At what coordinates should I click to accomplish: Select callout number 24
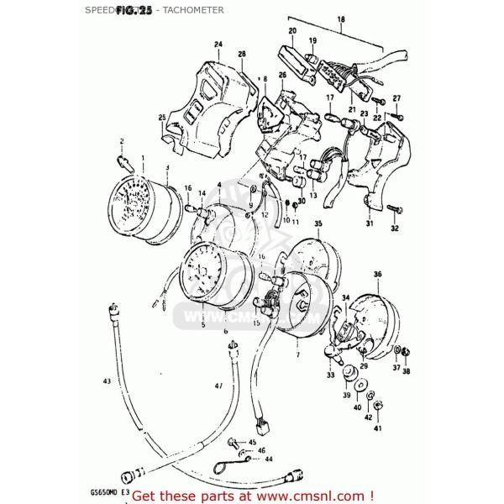(x=218, y=45)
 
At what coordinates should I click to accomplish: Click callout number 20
(x=292, y=32)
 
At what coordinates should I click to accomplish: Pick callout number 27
(x=396, y=98)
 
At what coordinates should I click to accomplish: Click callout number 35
(x=318, y=223)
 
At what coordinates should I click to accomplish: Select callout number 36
(x=377, y=275)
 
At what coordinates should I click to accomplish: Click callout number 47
(x=218, y=386)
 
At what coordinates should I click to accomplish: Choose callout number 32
(x=394, y=228)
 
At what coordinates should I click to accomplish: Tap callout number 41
(x=377, y=428)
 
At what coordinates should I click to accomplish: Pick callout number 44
(x=269, y=459)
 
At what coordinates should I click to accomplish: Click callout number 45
(x=252, y=442)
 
